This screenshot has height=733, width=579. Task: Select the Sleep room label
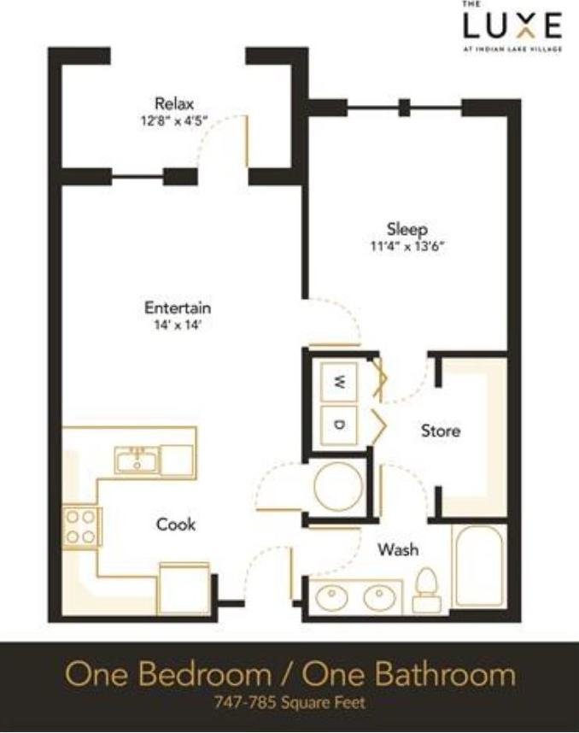coord(406,229)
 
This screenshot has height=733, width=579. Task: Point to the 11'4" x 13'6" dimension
coord(406,246)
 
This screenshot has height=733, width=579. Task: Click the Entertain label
coord(177,308)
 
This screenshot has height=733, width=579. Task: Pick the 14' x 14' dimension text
coord(177,325)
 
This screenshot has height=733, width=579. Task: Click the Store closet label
coord(440,431)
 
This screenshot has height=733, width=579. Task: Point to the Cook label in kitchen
coord(176,524)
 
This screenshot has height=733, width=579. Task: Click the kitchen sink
coord(137,461)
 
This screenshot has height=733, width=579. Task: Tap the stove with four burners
coord(81,526)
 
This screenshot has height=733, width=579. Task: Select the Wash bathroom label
coord(398,549)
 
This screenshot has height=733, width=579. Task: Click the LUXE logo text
coord(512,26)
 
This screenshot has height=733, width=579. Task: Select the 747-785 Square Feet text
coord(289,705)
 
